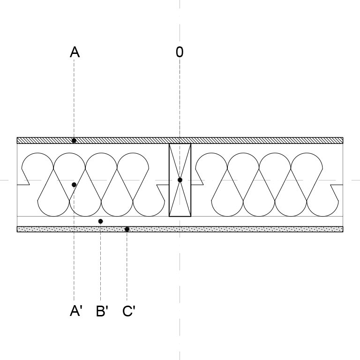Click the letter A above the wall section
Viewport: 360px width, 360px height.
click(75, 52)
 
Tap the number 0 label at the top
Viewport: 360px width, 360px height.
click(180, 52)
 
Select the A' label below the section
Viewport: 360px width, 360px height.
click(76, 311)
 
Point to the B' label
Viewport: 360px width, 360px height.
click(102, 311)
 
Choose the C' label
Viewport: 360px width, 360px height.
click(129, 311)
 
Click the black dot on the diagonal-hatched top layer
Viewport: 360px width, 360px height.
click(74, 141)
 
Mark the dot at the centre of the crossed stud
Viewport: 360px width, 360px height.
click(180, 180)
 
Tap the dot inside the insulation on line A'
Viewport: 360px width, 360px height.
click(74, 185)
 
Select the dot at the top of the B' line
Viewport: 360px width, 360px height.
click(101, 221)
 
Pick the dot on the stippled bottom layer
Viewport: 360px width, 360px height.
click(127, 229)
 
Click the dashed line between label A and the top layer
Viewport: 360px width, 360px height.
click(74, 98)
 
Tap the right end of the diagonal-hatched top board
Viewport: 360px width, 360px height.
click(343, 141)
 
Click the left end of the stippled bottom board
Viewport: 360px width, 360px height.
click(17, 229)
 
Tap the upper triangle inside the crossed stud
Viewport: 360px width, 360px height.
click(180, 156)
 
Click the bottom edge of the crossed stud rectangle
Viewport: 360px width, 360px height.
click(180, 216)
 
